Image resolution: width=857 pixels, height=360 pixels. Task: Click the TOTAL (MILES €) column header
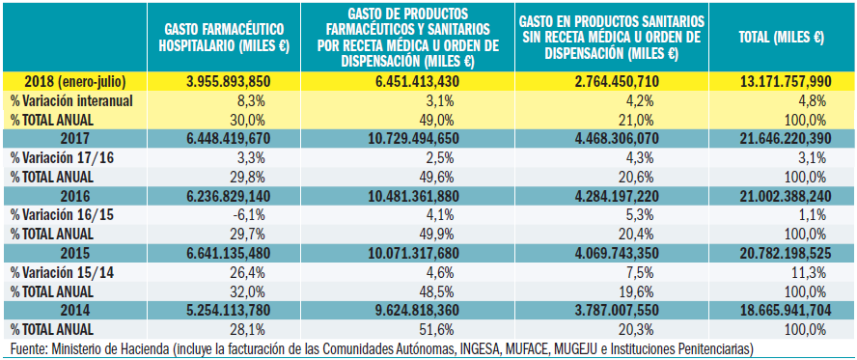[780, 38]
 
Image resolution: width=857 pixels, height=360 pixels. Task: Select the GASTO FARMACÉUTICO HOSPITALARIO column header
[227, 38]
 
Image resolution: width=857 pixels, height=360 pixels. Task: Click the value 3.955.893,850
[228, 82]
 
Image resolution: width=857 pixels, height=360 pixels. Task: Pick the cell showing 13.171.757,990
[781, 82]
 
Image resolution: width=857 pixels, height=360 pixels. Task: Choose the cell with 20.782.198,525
[781, 253]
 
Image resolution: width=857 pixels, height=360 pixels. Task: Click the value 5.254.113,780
[228, 310]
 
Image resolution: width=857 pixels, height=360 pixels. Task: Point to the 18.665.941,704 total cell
[781, 310]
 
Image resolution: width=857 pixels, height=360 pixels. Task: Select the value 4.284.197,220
[614, 196]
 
